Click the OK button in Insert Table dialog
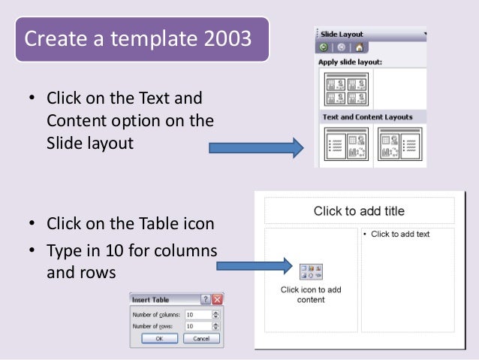click(x=159, y=339)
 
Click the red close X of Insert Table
click(x=218, y=299)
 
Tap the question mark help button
click(x=205, y=299)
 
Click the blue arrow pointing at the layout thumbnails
click(x=255, y=147)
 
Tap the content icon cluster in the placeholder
click(x=311, y=272)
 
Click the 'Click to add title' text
click(x=359, y=211)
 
